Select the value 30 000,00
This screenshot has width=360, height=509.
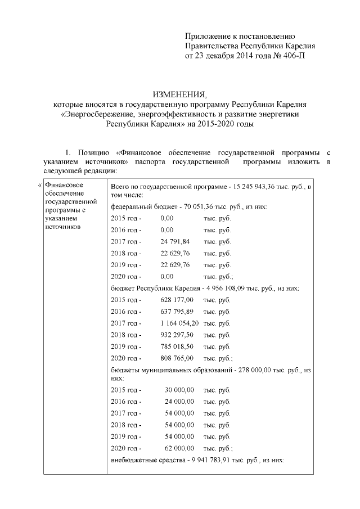(179, 390)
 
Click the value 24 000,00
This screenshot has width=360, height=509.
(179, 402)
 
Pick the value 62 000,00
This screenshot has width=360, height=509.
(179, 448)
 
